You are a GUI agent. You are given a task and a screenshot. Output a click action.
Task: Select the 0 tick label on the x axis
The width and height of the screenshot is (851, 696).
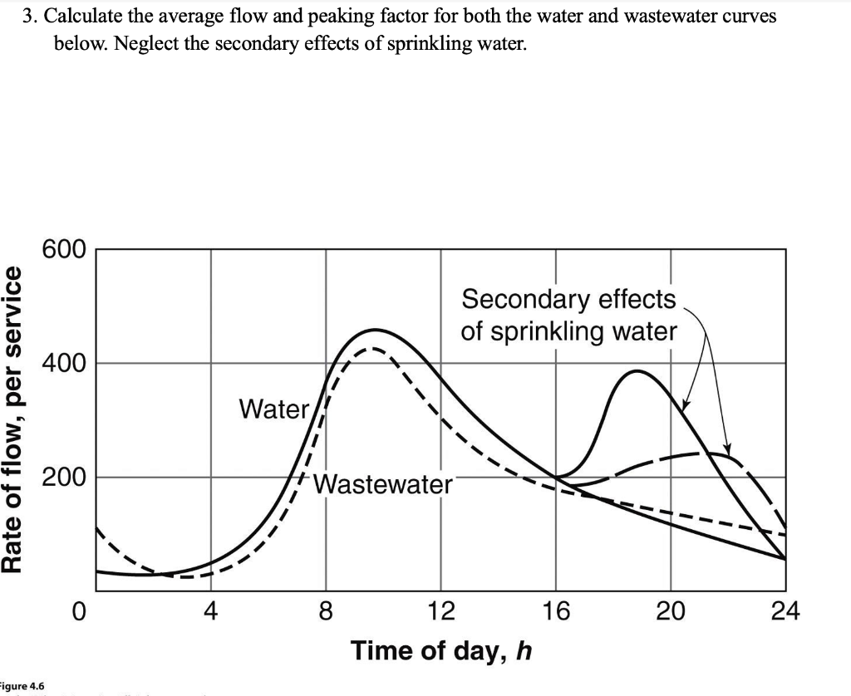(x=76, y=614)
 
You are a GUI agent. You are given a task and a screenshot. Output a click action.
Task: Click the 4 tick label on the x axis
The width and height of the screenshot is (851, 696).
(x=210, y=614)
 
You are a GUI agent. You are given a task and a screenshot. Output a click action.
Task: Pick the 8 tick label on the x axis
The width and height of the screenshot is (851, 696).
(x=326, y=614)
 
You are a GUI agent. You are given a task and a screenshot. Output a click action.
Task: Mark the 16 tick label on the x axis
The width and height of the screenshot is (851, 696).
(x=556, y=614)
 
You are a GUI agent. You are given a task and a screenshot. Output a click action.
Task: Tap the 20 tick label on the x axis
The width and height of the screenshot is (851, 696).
(x=671, y=614)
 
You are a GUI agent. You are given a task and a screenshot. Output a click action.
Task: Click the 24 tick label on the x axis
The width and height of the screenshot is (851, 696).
(x=785, y=614)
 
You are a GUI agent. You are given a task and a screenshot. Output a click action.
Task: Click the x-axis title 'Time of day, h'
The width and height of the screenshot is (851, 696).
(x=440, y=650)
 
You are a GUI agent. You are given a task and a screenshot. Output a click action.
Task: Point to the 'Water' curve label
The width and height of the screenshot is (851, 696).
(x=273, y=409)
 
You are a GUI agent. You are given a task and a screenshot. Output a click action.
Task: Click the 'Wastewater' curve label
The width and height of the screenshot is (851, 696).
(x=383, y=483)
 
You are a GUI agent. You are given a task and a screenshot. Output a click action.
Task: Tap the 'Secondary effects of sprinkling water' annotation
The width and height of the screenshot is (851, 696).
(x=569, y=315)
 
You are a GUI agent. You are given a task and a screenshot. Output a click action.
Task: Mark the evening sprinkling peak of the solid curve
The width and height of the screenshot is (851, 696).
(x=637, y=371)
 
